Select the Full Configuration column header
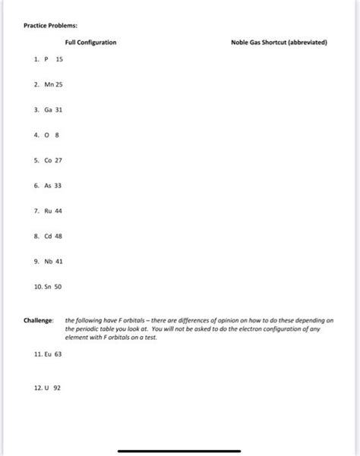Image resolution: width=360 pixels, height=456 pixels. tap(90, 42)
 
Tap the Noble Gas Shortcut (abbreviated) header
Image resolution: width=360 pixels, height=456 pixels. tap(279, 42)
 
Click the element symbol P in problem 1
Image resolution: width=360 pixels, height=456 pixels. tap(46, 59)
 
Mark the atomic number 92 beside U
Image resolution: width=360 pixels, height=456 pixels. tap(56, 386)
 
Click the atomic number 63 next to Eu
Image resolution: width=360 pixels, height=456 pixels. tap(58, 354)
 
